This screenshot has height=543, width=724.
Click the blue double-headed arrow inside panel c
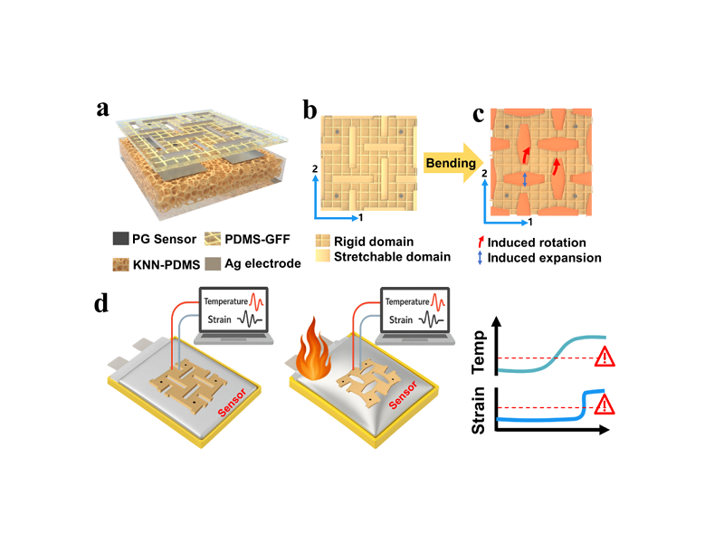coord(526,181)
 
